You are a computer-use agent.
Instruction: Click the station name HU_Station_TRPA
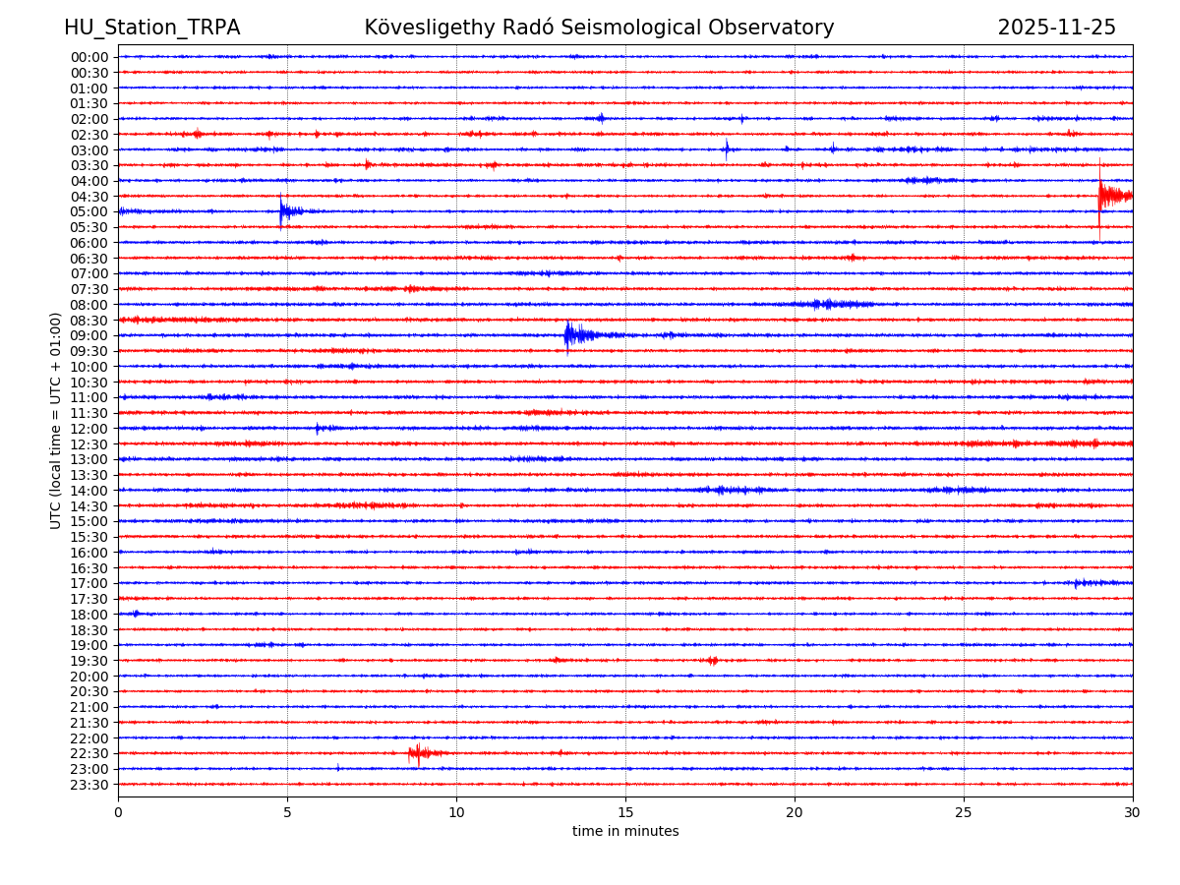point(151,28)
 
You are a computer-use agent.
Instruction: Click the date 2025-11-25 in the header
point(1056,28)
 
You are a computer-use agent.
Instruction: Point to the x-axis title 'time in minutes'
point(625,832)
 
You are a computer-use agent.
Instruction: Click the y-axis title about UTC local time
point(56,420)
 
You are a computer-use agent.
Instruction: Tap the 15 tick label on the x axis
point(625,813)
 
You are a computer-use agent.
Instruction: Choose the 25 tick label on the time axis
point(964,813)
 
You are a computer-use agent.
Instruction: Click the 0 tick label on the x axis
point(118,813)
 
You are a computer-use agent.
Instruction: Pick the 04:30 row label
point(89,197)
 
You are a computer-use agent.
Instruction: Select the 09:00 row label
point(89,335)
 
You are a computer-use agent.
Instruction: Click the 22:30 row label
point(89,753)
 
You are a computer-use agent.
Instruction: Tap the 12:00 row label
point(89,429)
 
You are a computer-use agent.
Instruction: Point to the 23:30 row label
point(89,785)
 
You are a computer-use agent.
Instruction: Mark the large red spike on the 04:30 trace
point(1100,195)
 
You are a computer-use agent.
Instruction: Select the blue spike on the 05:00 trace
point(281,210)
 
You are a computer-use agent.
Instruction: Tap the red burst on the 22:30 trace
point(418,754)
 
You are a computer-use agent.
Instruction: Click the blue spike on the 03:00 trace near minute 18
point(727,149)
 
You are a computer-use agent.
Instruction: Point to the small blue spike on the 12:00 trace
point(317,428)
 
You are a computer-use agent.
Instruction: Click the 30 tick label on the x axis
point(1133,813)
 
